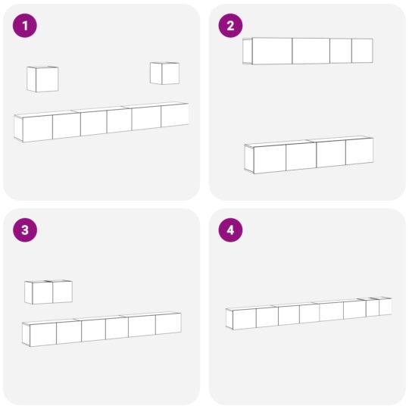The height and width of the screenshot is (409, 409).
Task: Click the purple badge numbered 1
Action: click(25, 26)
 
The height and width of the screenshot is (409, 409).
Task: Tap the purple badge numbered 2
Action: click(230, 26)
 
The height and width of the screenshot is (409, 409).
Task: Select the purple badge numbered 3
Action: click(25, 230)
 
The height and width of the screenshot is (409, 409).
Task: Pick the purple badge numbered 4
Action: click(230, 230)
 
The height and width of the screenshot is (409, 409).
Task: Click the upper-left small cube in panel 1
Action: click(42, 79)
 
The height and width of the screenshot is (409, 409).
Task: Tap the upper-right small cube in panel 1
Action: click(164, 73)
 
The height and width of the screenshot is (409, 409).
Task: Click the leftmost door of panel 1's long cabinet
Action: click(38, 129)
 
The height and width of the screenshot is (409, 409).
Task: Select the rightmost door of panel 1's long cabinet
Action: click(174, 116)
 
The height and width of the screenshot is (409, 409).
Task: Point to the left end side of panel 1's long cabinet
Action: click(18, 128)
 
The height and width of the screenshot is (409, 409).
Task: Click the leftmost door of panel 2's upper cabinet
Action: click(272, 51)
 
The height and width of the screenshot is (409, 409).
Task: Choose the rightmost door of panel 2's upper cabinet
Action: click(362, 51)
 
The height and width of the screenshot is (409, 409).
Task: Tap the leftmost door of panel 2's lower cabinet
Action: click(270, 159)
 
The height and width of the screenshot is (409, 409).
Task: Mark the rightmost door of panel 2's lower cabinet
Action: click(360, 151)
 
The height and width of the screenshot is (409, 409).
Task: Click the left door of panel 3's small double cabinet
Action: click(42, 293)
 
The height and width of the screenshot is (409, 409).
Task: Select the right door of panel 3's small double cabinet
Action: click(63, 292)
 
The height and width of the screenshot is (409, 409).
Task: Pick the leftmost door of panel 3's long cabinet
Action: click(43, 335)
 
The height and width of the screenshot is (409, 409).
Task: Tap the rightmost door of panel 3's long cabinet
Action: click(168, 323)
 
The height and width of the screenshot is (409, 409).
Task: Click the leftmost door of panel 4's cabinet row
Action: click(245, 319)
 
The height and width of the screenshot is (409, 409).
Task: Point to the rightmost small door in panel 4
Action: click(386, 307)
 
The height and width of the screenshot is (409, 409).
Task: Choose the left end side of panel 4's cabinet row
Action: click(229, 319)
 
